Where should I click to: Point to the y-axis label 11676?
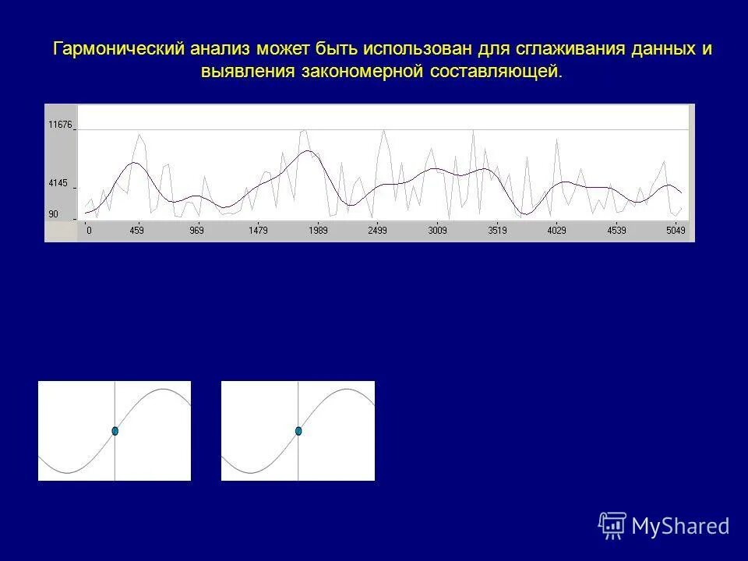(x=59, y=125)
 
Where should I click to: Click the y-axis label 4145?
(x=58, y=184)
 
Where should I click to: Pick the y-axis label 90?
(x=53, y=214)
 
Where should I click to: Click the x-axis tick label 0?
(x=89, y=231)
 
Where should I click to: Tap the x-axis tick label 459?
(x=136, y=231)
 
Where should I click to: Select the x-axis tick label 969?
(x=196, y=231)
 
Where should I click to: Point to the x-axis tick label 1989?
(x=317, y=231)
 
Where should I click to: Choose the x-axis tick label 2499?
(x=377, y=231)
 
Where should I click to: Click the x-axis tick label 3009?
(x=437, y=231)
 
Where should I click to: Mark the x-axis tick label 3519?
(x=497, y=231)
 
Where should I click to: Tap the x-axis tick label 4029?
(x=557, y=231)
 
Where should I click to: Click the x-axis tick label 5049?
(x=676, y=231)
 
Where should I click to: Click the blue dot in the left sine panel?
(x=115, y=431)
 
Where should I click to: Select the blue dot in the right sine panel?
(x=298, y=431)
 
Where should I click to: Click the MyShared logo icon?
(x=612, y=526)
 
